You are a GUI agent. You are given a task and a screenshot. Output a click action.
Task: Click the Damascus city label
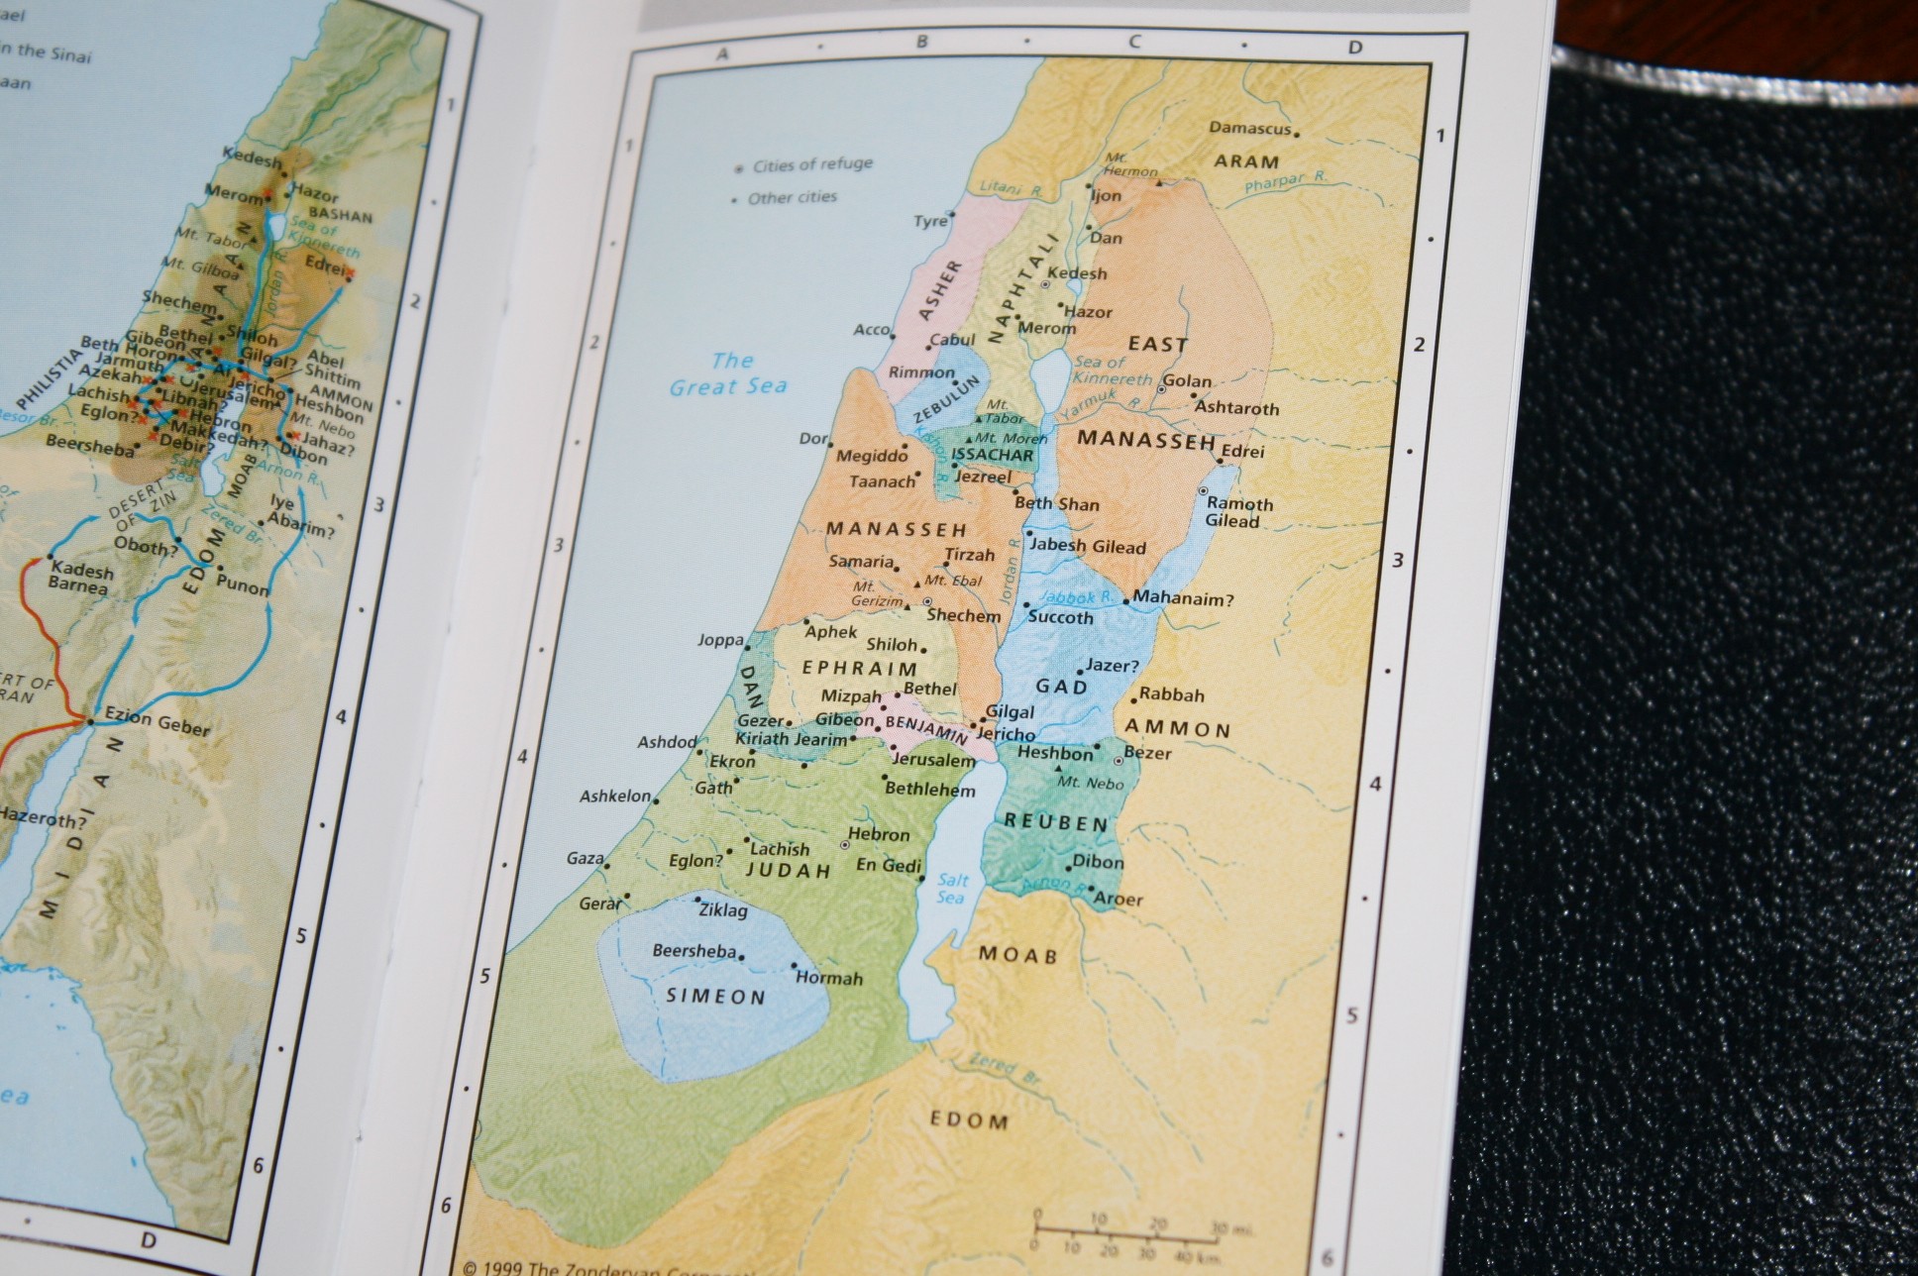[1249, 129]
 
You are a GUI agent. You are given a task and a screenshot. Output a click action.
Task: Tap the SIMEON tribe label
[715, 997]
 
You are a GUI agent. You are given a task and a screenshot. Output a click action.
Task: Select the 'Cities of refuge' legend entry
[811, 164]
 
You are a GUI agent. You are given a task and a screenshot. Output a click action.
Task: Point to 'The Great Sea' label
[729, 374]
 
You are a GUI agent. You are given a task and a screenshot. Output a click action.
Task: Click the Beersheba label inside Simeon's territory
[694, 951]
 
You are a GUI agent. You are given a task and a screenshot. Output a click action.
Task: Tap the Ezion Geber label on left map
[157, 720]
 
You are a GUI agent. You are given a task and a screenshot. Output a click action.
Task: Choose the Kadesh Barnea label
[80, 579]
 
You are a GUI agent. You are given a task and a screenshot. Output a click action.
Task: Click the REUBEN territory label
[1055, 822]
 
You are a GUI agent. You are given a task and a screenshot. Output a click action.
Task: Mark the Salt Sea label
[952, 889]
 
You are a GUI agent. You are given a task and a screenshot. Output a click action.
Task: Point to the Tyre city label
[930, 221]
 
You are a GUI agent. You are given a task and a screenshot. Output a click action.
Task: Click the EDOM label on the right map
[969, 1120]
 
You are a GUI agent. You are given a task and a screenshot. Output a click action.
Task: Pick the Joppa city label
[720, 640]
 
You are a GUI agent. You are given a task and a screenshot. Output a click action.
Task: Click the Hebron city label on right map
[879, 834]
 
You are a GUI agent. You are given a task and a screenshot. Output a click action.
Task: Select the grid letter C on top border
[1134, 42]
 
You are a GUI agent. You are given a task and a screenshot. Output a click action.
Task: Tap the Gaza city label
[585, 858]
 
